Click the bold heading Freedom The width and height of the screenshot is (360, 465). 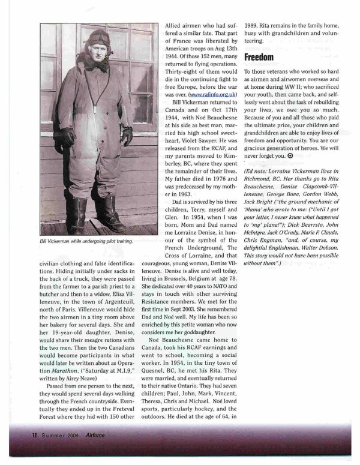(x=260, y=58)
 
